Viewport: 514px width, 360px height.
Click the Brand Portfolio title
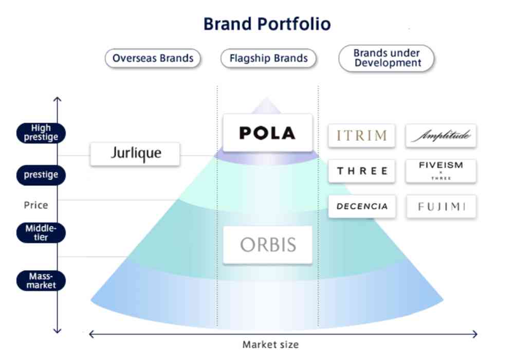[267, 24]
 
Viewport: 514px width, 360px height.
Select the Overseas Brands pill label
[153, 58]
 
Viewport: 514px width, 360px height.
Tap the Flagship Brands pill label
[268, 58]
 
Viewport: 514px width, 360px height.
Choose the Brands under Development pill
[387, 58]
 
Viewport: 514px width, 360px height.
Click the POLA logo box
[268, 133]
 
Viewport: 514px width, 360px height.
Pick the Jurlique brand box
[135, 153]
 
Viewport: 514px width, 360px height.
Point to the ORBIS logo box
[268, 245]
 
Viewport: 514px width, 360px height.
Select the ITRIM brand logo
[361, 136]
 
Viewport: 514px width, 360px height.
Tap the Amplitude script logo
[440, 136]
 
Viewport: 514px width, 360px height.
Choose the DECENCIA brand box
[362, 207]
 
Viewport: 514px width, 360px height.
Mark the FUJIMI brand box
[440, 207]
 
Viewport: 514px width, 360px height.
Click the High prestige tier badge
[41, 133]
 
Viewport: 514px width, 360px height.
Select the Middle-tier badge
[41, 232]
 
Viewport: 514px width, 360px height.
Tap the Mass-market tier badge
[41, 280]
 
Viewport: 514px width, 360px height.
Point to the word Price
[36, 205]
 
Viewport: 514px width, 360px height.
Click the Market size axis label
[270, 345]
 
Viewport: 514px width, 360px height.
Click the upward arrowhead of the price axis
[58, 99]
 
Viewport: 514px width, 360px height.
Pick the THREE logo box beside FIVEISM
[362, 171]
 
